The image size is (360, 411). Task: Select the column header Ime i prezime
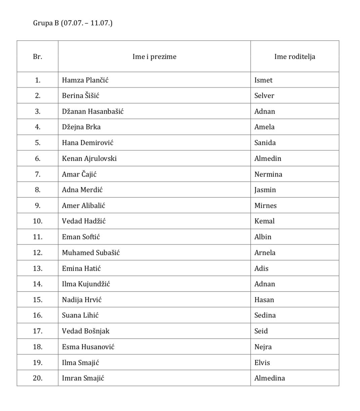154,57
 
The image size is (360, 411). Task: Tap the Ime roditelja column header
294,57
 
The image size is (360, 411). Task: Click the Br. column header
38,57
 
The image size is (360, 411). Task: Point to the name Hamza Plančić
85,80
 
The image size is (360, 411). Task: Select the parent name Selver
264,96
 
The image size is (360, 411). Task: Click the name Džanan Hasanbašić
92,111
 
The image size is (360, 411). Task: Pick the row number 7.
38,174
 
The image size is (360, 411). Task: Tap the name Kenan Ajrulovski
89,158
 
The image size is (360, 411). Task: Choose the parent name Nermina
268,174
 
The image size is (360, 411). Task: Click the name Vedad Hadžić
84,221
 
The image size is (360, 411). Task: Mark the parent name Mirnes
266,205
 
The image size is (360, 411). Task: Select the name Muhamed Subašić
91,253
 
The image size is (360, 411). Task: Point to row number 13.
38,268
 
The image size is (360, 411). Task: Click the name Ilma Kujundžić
86,284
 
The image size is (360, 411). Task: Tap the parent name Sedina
265,315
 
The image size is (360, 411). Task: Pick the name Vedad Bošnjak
86,331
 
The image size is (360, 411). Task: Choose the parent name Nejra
263,347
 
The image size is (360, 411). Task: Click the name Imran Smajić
83,378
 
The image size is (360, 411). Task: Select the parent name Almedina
270,378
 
